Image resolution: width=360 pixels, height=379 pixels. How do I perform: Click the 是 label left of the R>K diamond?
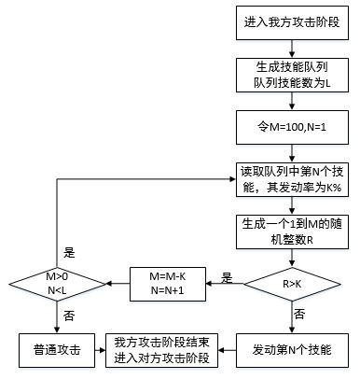coord(226,276)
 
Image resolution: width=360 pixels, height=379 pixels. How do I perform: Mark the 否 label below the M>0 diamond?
coord(67,316)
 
